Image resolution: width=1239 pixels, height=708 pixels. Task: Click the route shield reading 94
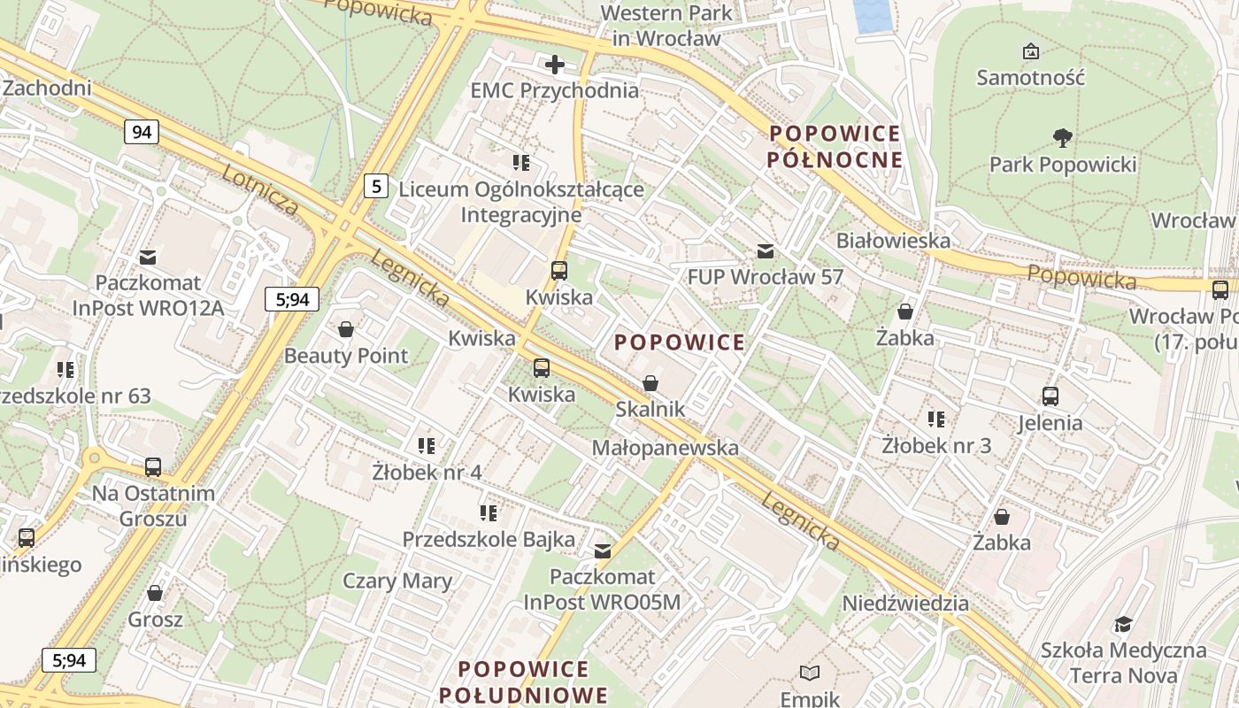[x=141, y=133]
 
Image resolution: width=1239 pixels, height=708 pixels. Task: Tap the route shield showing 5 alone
[x=377, y=186]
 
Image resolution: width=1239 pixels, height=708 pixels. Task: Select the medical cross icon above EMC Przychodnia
[x=555, y=65]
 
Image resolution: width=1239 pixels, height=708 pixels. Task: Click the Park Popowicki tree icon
[x=1062, y=137]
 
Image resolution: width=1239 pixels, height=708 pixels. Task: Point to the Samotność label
[x=1030, y=77]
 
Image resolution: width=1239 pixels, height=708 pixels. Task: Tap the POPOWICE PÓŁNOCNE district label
[x=835, y=147]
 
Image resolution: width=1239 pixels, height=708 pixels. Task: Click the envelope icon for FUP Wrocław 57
[x=766, y=251]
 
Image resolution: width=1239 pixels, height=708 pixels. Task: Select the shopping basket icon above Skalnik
[x=650, y=383]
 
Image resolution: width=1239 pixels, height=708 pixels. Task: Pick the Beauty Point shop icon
[x=346, y=329]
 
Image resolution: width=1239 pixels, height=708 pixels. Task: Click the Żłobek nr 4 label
[x=427, y=472]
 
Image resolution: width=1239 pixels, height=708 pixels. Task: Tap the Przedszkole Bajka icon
[x=488, y=512]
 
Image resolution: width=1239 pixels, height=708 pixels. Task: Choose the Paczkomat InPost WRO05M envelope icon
[x=603, y=551]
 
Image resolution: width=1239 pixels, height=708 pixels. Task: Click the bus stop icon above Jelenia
[x=1050, y=396]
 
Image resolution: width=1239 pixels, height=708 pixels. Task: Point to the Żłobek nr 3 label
[x=936, y=445]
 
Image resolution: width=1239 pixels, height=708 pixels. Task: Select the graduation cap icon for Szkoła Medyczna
[x=1123, y=625]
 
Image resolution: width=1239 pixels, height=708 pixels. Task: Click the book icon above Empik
[x=810, y=673]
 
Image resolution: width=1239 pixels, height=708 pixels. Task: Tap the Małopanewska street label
[x=665, y=448]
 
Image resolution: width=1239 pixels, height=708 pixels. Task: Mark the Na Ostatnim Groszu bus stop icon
[x=153, y=466]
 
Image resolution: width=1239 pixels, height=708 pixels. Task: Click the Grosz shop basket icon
[x=155, y=593]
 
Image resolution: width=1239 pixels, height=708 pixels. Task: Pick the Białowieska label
[x=893, y=240]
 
